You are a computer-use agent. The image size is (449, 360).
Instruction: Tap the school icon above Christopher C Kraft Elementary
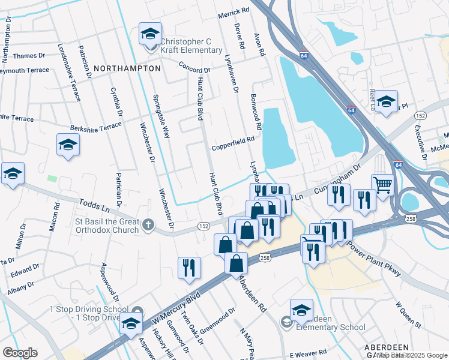pyautogui.click(x=150, y=34)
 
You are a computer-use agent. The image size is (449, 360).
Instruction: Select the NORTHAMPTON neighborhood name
pyautogui.click(x=127, y=68)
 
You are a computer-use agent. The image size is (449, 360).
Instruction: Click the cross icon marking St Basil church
pyautogui.click(x=149, y=226)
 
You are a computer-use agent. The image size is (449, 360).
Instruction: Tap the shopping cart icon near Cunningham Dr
pyautogui.click(x=382, y=185)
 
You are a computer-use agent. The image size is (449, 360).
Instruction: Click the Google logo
pyautogui.click(x=20, y=353)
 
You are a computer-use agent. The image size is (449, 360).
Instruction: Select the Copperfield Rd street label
pyautogui.click(x=233, y=148)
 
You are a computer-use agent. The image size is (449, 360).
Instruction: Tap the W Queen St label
pyautogui.click(x=408, y=314)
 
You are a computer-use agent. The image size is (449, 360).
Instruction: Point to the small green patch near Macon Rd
pyautogui.click(x=52, y=179)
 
